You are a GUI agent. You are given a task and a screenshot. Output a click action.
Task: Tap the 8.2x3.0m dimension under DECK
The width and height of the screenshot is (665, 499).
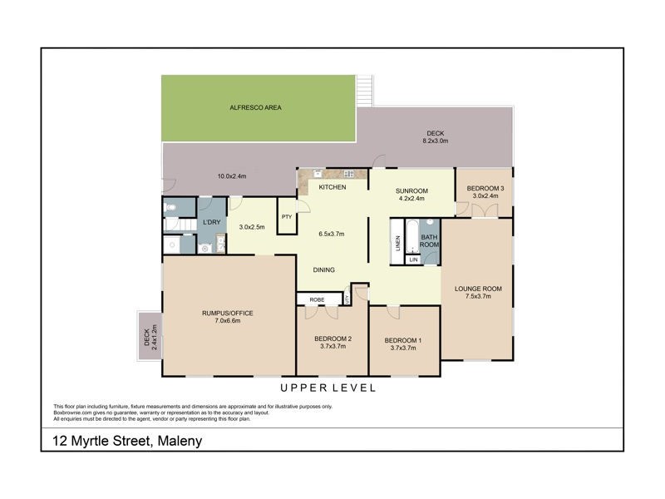pos(436,141)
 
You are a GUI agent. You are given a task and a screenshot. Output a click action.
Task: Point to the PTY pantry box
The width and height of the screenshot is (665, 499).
pos(287,217)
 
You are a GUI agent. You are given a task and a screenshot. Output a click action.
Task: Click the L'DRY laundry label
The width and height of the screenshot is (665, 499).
pos(210,223)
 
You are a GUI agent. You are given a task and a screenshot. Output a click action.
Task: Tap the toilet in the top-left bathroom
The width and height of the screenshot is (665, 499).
pos(170,209)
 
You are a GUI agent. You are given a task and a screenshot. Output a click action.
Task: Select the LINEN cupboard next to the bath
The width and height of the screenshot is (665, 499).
pos(397,244)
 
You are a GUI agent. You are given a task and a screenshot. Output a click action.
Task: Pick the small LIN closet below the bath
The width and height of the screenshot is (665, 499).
pos(413,260)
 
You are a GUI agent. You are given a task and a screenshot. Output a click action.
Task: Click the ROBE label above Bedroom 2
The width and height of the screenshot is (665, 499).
pos(317,298)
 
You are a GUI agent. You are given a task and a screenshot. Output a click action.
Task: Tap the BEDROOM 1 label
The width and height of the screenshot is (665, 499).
pos(402,340)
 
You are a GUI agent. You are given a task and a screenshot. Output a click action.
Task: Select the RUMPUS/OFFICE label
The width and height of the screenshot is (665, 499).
pos(227,313)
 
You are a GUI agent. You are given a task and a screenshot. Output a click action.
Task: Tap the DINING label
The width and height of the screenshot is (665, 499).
pos(324,269)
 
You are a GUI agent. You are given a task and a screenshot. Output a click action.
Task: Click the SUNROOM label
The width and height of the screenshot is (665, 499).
pos(411,190)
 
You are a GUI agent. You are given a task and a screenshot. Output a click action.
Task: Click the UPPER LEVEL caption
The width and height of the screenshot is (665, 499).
pos(328,388)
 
